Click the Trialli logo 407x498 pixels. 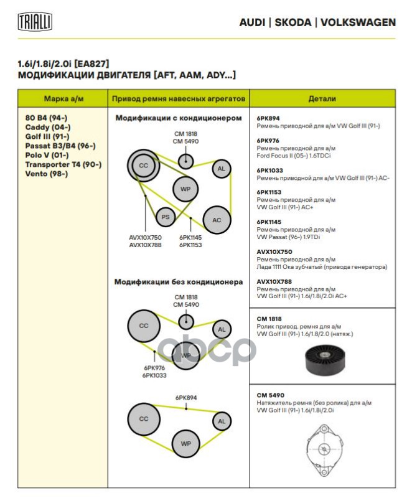pos(35,22)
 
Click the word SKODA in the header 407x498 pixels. pos(292,22)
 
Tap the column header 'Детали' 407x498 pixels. pos(322,98)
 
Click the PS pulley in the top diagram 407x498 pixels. pos(166,217)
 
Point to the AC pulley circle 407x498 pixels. pos(217,220)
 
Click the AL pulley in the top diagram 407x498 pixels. pos(220,168)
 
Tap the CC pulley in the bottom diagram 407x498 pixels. pos(144,418)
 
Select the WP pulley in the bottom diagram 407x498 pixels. pos(185,443)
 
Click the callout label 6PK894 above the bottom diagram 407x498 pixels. pos(185,397)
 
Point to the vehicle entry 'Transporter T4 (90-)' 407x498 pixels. pos(63,164)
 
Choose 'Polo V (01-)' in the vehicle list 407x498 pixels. pos(47,155)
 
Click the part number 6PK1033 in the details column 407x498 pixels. pos(270,170)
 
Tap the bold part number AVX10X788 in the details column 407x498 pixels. pos(274,281)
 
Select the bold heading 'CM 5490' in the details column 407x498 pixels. pos(270,395)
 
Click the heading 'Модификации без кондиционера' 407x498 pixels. pos(178,281)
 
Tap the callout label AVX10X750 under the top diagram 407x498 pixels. pos(145,237)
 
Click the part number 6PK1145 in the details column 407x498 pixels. pos(270,222)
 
